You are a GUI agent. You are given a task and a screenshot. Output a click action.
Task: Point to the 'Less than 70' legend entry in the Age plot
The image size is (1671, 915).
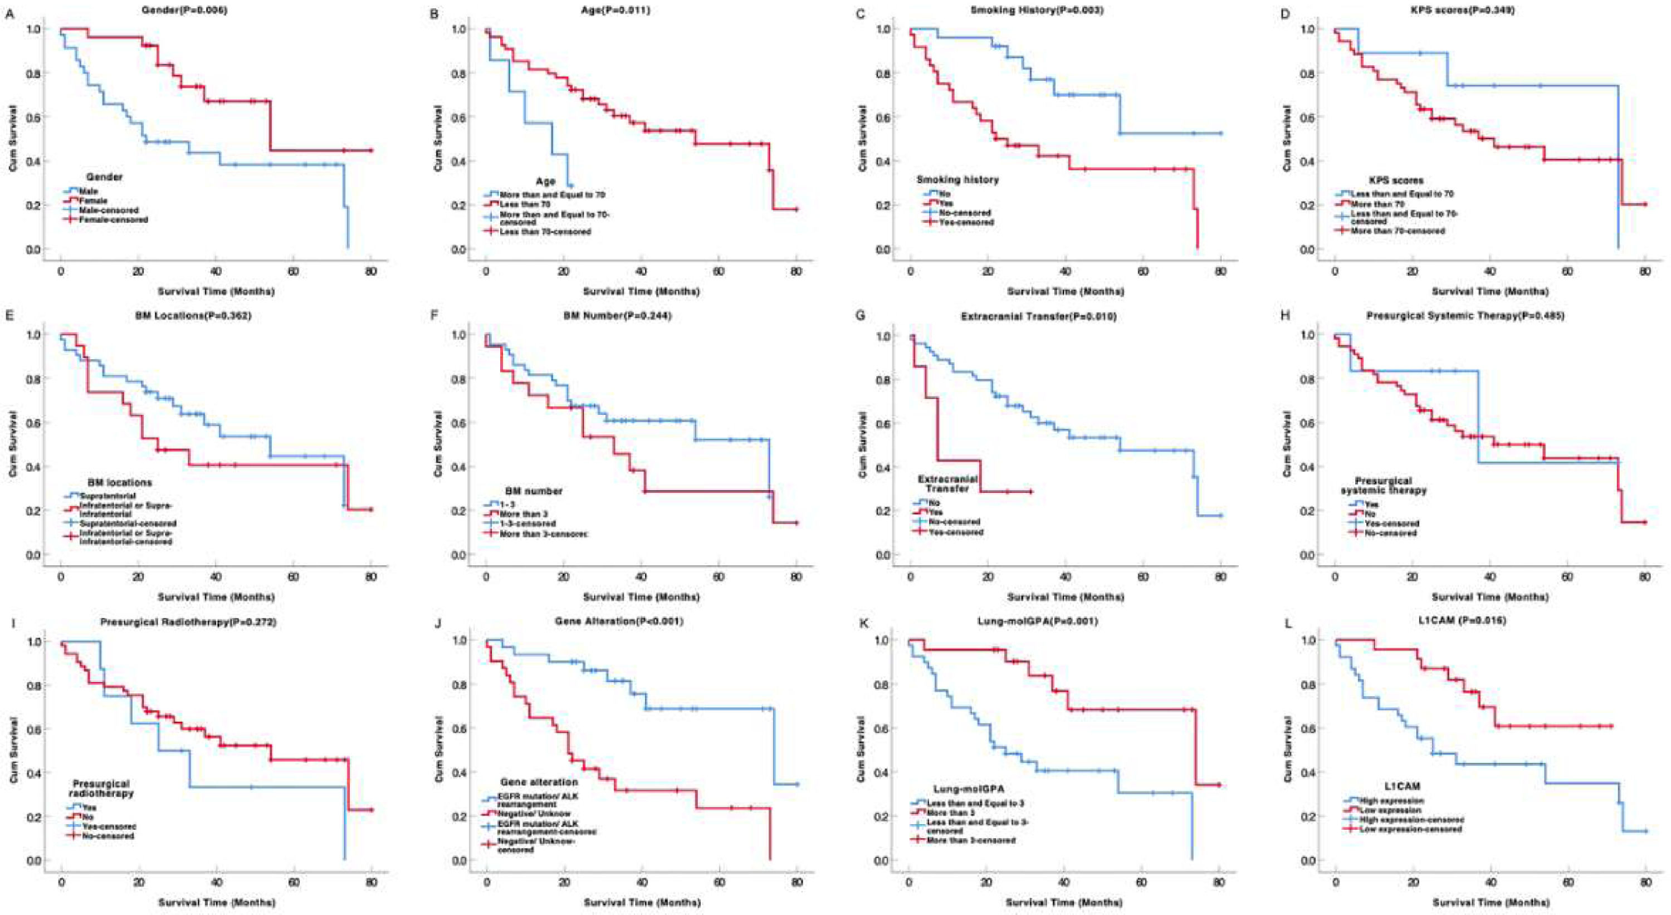tap(525, 204)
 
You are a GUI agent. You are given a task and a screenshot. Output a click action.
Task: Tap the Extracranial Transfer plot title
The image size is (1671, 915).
tap(1038, 316)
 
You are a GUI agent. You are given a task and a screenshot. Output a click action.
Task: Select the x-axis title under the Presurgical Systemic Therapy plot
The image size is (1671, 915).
tap(1489, 596)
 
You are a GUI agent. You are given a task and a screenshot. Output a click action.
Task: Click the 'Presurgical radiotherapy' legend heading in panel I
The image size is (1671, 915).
tap(101, 789)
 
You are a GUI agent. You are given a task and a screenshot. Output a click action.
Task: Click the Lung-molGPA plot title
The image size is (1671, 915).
tap(1038, 622)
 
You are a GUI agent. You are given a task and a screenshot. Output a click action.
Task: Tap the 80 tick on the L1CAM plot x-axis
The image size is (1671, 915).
tap(1644, 883)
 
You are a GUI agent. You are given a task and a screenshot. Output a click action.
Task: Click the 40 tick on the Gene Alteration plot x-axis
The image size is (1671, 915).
tap(642, 883)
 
